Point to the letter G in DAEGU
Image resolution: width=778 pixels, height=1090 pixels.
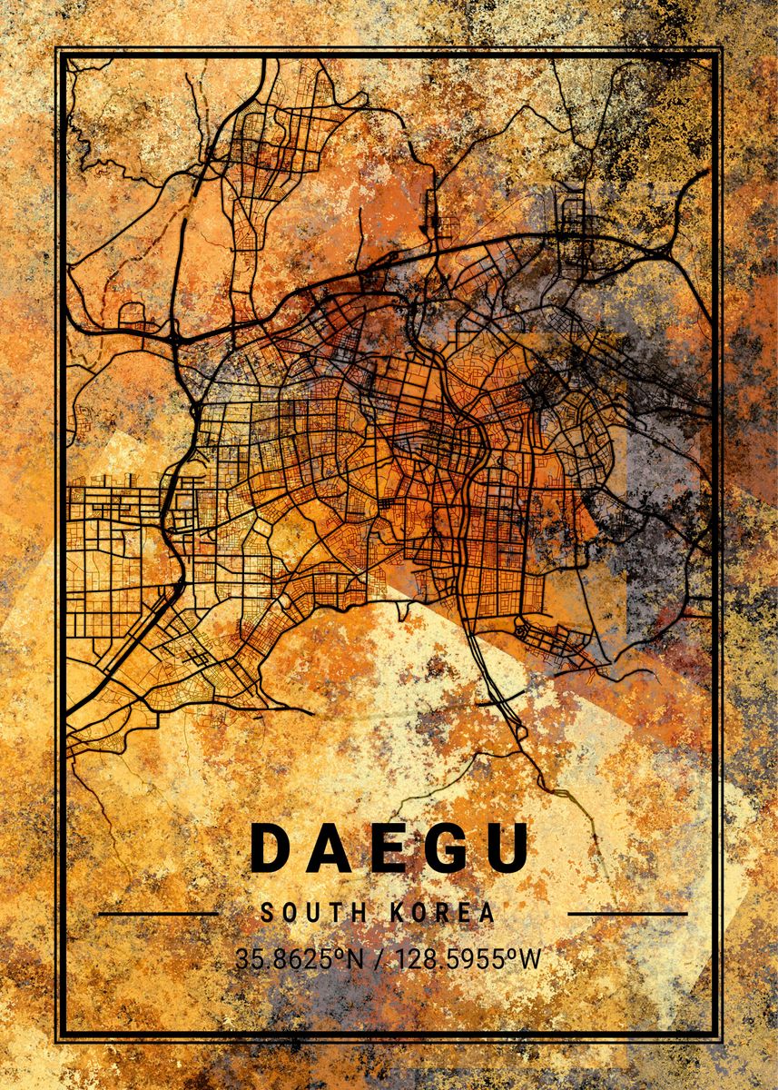(444, 848)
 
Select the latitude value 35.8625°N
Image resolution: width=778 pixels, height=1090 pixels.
(294, 958)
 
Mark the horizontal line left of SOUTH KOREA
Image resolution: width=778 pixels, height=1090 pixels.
(157, 913)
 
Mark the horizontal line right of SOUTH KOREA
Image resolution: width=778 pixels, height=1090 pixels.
(627, 913)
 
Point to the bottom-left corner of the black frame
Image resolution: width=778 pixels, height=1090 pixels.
(57, 1041)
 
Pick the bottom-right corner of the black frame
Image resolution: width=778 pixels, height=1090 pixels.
(721, 1041)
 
